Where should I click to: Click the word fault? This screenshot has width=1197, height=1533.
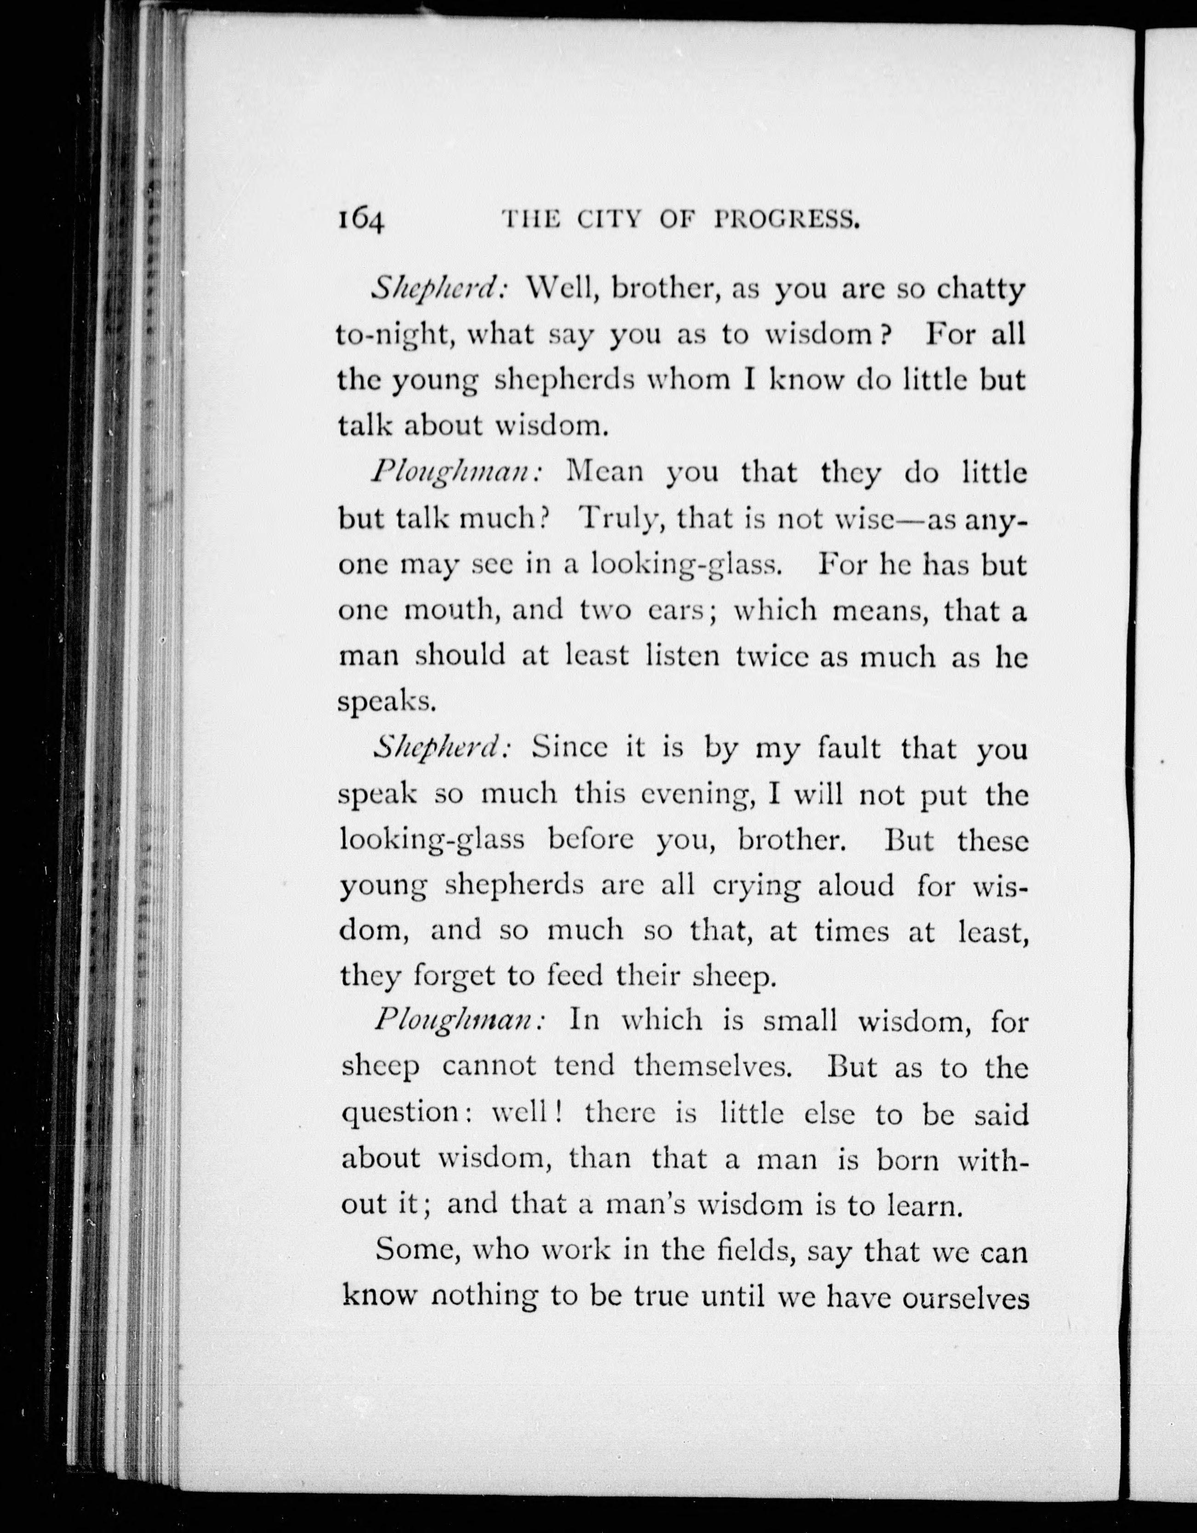(x=849, y=749)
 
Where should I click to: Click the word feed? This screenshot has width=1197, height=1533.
(x=574, y=977)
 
